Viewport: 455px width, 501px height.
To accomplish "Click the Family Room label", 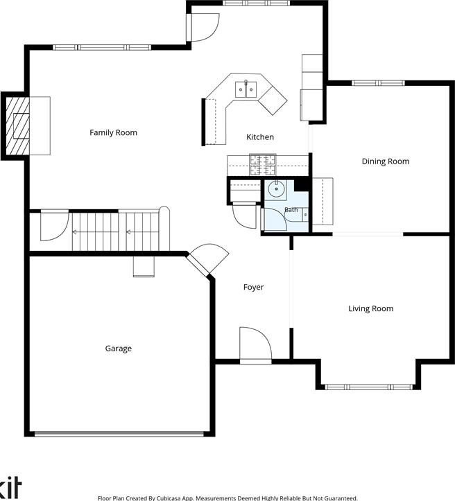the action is (x=113, y=132).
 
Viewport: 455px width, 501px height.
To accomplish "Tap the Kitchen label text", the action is (x=260, y=137).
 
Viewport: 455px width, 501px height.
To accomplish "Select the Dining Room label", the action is (x=386, y=161).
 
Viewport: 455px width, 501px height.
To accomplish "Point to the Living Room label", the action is (x=370, y=308).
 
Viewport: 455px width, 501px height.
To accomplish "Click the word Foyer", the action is (x=254, y=288).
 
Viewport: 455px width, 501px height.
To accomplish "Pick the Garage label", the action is (x=119, y=349).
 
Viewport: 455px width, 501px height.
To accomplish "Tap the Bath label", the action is (x=291, y=209).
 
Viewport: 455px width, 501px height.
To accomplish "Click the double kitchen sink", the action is (x=246, y=89).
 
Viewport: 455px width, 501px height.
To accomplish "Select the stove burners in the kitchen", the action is (x=262, y=165).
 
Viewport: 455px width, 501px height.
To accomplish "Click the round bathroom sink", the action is (x=276, y=189).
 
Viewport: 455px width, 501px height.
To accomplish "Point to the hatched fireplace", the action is (x=18, y=126).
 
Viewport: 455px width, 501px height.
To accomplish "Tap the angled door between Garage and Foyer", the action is (x=208, y=258).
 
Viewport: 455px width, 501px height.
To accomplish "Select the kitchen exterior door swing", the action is (x=205, y=28).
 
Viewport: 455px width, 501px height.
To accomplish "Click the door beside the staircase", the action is (x=54, y=225).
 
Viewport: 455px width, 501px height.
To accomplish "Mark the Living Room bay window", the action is (x=369, y=387).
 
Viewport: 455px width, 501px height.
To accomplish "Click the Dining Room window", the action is (x=378, y=83).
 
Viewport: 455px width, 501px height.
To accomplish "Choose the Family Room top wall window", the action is (x=102, y=48).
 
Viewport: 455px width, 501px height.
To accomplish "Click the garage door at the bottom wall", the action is (x=119, y=434).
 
